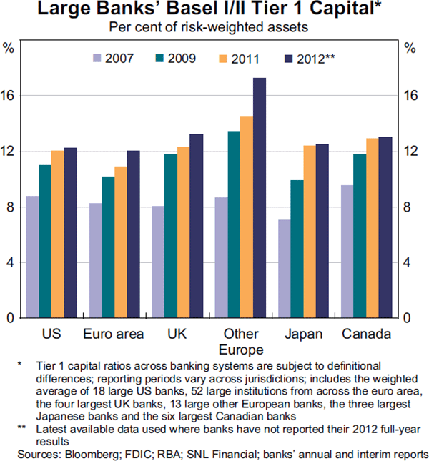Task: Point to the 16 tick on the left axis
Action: [x=10, y=96]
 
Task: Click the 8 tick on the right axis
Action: [x=410, y=207]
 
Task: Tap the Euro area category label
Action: [x=113, y=334]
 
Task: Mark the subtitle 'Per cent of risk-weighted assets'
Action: [x=208, y=28]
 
